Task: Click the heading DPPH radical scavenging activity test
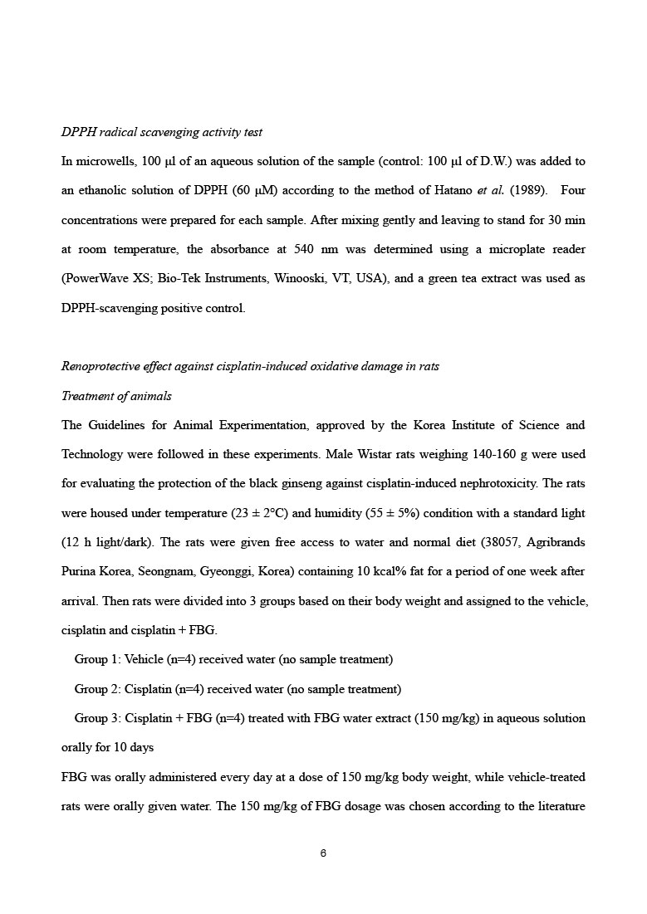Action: [162, 132]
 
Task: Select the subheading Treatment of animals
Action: [116, 396]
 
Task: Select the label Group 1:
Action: [96, 660]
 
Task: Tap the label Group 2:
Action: [96, 689]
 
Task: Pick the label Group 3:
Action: [96, 718]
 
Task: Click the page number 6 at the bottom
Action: [323, 853]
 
